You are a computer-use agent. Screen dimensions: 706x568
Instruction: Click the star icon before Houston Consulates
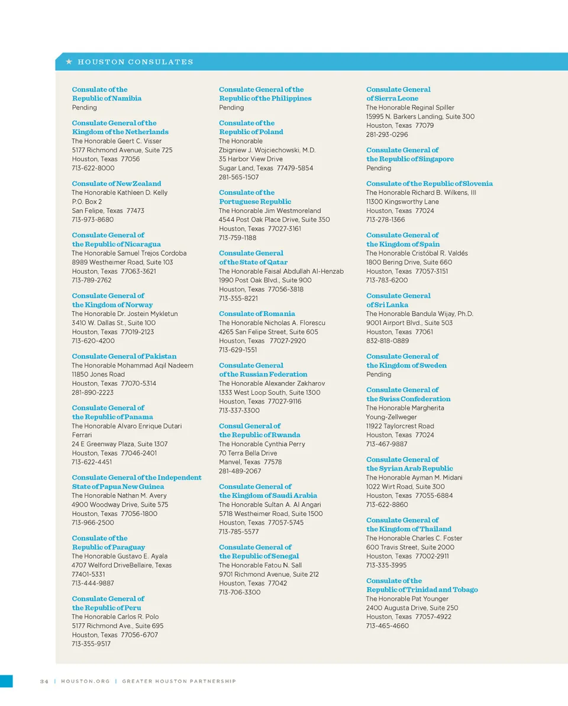[x=69, y=62]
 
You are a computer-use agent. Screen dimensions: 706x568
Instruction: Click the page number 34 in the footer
[x=44, y=681]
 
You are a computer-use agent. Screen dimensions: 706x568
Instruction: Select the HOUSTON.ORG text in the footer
[x=85, y=681]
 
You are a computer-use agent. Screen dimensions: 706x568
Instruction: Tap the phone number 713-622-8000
[x=93, y=168]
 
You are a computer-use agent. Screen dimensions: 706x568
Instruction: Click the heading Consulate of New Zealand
[x=116, y=183]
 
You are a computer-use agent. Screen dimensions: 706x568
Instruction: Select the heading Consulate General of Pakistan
[x=124, y=356]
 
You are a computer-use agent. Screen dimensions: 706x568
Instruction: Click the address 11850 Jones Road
[x=98, y=374]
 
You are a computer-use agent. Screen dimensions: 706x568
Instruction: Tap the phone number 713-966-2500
[x=93, y=523]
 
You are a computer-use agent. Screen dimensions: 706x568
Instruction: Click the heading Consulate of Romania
[x=257, y=314]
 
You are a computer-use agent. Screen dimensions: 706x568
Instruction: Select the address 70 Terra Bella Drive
[x=247, y=453]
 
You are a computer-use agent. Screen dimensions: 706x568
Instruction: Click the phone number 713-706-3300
[x=240, y=592]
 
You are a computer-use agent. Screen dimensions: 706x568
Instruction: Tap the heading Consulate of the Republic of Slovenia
[x=429, y=183]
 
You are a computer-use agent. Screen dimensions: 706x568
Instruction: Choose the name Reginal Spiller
[x=433, y=108]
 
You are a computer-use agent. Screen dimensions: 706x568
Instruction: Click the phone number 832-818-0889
[x=387, y=341]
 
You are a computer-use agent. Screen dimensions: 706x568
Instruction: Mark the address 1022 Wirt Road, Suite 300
[x=405, y=486]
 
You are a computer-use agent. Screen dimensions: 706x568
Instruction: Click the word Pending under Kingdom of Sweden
[x=379, y=375]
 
